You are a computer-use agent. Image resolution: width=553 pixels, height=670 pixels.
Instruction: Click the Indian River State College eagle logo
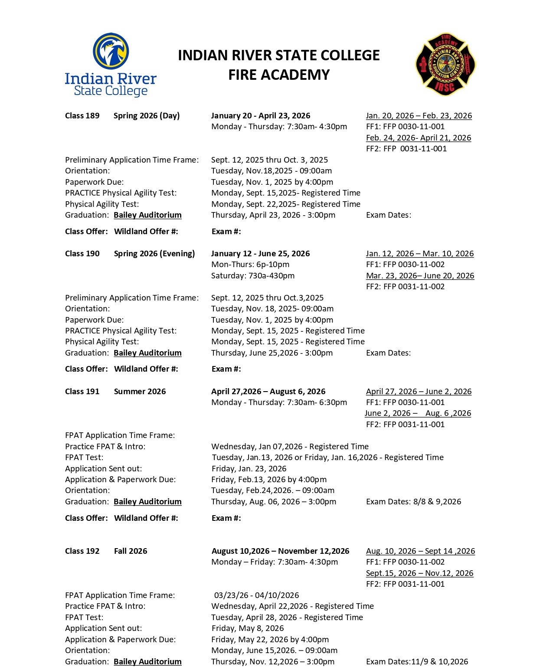(110, 65)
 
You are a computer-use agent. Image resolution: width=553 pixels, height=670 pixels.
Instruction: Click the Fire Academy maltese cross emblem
(445, 64)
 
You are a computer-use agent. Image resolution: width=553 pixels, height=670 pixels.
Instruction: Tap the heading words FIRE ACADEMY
(279, 75)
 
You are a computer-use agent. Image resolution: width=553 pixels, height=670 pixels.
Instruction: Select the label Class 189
(82, 116)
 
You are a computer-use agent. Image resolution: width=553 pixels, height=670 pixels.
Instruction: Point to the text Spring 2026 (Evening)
(154, 254)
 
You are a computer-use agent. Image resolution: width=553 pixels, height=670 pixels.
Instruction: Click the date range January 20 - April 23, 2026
(260, 116)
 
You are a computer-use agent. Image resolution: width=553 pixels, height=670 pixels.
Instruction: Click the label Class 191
(82, 392)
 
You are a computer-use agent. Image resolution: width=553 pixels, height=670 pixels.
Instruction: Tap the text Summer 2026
(140, 392)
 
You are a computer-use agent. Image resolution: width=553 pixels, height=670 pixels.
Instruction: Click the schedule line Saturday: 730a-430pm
(252, 276)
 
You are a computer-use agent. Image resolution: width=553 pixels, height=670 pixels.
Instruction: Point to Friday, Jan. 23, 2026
(249, 469)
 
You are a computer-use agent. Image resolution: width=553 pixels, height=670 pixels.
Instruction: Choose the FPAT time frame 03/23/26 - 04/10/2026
(256, 595)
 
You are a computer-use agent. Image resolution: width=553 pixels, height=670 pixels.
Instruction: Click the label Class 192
(82, 551)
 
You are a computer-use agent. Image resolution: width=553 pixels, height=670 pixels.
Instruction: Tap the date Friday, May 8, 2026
(248, 628)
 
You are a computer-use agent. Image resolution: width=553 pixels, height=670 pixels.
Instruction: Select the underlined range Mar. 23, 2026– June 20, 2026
(420, 276)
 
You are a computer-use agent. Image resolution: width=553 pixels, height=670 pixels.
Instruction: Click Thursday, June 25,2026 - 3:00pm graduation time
(272, 353)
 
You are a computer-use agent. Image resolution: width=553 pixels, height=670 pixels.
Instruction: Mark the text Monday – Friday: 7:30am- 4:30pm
(274, 562)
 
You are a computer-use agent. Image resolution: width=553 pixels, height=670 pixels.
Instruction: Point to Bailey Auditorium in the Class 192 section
(147, 662)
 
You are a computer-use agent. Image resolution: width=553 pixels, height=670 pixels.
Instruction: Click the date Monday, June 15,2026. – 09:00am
(274, 650)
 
